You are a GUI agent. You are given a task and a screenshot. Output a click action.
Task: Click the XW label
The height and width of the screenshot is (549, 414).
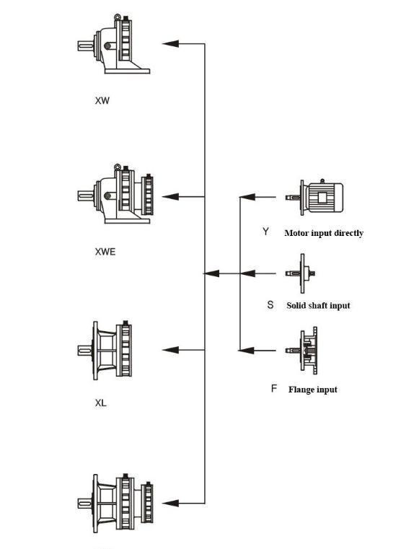(x=102, y=100)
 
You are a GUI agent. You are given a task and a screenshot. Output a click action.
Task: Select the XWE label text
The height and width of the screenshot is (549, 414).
(x=105, y=252)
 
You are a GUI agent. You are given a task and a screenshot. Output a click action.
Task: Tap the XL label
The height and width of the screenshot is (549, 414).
(x=100, y=403)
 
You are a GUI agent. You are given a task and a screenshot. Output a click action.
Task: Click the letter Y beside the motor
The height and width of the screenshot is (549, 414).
(x=266, y=232)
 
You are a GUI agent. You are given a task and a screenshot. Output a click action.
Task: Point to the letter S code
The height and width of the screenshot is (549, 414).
(x=270, y=304)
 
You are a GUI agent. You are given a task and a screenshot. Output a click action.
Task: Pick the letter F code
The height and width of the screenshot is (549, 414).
(x=274, y=388)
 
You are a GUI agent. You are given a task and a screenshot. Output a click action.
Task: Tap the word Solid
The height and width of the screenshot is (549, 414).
(x=296, y=305)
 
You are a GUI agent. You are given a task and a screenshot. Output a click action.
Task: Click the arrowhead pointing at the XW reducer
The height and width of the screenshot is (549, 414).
(x=170, y=44)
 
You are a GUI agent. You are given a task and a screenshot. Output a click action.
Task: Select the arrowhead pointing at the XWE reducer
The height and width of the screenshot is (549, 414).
(x=170, y=197)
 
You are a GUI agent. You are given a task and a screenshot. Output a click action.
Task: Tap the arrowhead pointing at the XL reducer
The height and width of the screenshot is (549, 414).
(x=170, y=350)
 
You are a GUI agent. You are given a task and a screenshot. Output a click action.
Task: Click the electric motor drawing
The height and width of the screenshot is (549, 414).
(x=314, y=196)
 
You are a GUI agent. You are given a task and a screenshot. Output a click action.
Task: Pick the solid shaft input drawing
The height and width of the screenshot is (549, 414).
(x=301, y=273)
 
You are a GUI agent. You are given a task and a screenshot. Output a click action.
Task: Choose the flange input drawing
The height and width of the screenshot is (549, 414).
(x=301, y=351)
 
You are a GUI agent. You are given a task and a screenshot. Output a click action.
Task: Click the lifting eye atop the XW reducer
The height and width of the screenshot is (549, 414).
(x=118, y=17)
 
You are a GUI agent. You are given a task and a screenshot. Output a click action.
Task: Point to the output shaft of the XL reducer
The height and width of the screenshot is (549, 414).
(x=84, y=350)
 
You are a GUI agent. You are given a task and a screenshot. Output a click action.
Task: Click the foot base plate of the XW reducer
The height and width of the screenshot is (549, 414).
(x=128, y=71)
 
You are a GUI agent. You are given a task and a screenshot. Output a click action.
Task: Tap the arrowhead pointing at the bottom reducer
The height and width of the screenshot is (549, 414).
(x=170, y=504)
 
